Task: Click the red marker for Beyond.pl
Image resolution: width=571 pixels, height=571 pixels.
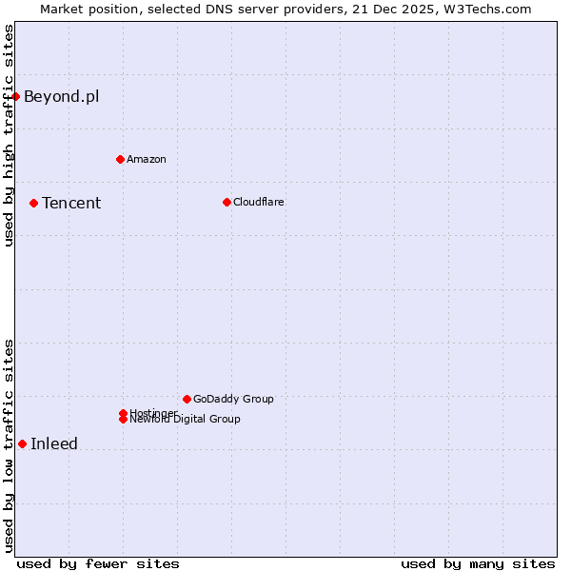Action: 16,96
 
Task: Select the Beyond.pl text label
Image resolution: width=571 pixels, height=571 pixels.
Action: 61,96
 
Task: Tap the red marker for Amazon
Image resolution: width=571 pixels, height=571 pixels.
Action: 120,159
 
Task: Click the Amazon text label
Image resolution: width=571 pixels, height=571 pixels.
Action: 146,159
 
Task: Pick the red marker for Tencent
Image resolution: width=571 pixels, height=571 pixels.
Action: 33,203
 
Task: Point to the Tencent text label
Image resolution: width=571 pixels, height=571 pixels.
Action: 71,203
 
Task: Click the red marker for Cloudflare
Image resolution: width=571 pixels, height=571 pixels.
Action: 226,202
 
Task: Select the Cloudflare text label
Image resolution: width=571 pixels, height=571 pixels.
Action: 258,202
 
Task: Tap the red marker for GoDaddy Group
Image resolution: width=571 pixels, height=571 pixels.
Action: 187,399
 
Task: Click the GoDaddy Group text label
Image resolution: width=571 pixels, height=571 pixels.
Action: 233,399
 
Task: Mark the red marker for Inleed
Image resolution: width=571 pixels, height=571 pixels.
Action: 22,443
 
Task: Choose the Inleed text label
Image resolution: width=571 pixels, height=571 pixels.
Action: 54,443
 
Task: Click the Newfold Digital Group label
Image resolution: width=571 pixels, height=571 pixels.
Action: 187,420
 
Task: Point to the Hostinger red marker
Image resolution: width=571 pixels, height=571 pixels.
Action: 123,413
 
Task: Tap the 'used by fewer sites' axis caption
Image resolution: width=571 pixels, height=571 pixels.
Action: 98,563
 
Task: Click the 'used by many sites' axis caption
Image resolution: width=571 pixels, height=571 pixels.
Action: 478,563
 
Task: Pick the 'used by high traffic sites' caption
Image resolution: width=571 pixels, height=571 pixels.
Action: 9,135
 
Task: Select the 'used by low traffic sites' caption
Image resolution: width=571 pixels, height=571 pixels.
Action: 9,445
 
